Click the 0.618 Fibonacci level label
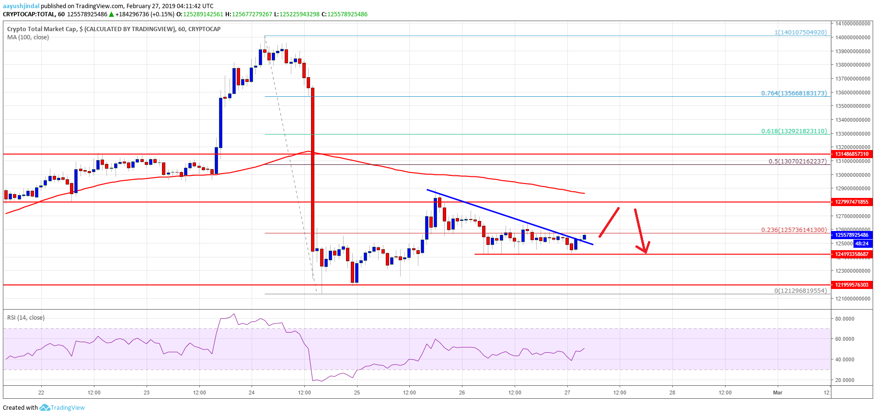point(794,131)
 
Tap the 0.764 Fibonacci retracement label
point(794,93)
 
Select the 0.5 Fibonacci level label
point(797,161)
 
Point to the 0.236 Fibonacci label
point(794,230)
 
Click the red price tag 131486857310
point(852,154)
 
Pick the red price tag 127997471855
point(852,202)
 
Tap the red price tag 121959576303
point(852,285)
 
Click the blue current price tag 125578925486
point(852,235)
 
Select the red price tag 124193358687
point(852,254)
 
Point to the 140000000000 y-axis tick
point(853,37)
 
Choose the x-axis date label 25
point(357,393)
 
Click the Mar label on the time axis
point(777,393)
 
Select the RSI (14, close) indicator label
point(26,317)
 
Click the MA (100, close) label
point(28,37)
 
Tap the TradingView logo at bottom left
point(62,407)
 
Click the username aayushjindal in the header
point(21,6)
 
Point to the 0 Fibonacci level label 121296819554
point(800,290)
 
